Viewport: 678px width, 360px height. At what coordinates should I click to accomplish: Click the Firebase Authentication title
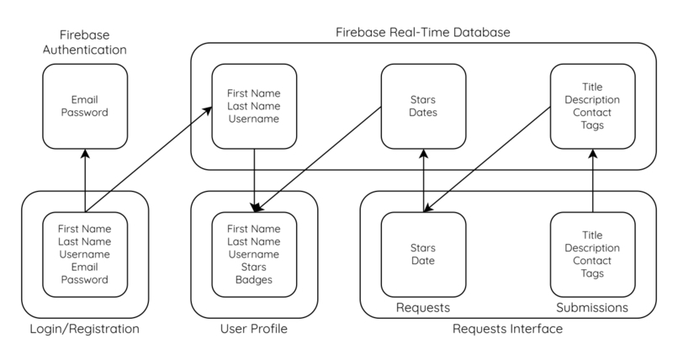tap(85, 42)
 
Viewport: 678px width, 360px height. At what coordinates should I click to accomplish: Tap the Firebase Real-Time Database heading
tap(423, 33)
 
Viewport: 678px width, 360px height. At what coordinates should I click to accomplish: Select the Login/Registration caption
tap(85, 329)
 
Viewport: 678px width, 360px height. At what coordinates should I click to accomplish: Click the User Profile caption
tap(254, 329)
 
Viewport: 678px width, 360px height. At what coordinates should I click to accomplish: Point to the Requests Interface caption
tap(507, 329)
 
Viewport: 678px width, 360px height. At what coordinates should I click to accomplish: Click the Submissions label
tap(592, 308)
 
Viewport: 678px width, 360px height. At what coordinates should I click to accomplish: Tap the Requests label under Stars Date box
tap(423, 308)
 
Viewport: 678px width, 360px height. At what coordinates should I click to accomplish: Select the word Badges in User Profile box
tap(254, 279)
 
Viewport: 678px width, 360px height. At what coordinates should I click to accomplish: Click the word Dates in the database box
tap(423, 113)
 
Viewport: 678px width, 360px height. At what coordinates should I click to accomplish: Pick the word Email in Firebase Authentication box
tap(85, 100)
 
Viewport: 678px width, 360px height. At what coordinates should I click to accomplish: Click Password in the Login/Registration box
tap(85, 279)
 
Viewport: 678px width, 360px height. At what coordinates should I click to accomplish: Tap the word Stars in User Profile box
tap(254, 267)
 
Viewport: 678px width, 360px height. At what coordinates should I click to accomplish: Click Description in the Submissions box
tap(592, 248)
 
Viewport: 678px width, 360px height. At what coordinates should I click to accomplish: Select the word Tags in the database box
tap(592, 125)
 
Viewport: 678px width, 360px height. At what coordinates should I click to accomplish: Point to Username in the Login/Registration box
tap(85, 255)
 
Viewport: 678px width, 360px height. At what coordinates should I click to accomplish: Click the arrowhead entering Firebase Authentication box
tap(85, 153)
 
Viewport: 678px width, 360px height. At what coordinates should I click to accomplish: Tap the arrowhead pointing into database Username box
tap(208, 111)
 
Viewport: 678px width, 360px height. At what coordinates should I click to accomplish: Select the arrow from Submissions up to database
tap(593, 181)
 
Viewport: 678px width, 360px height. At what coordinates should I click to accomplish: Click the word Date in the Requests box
tap(423, 261)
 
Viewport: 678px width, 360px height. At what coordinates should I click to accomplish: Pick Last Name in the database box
tap(254, 106)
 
